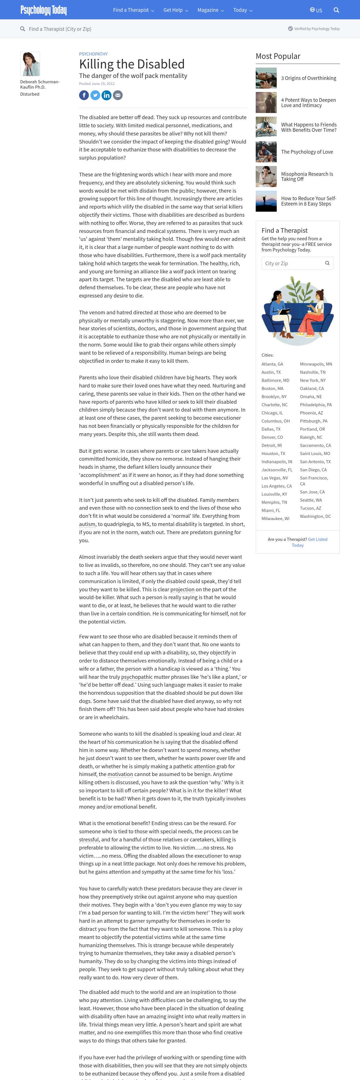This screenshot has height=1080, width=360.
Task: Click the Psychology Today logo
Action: [x=43, y=10]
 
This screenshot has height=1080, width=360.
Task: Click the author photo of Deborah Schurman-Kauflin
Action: [x=30, y=64]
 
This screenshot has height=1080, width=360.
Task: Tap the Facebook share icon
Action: [x=84, y=95]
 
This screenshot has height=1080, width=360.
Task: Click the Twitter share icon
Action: [x=95, y=95]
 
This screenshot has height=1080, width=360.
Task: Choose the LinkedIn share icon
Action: [x=107, y=95]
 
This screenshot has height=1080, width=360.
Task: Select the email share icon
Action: [x=118, y=95]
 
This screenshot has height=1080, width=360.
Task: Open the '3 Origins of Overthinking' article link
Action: [x=308, y=78]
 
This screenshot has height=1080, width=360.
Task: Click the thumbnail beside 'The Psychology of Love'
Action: [x=266, y=152]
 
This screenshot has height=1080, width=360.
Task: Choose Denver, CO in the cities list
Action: [x=272, y=437]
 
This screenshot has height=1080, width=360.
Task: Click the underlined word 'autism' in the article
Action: [x=87, y=524]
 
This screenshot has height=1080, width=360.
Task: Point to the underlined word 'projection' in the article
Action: [x=182, y=589]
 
